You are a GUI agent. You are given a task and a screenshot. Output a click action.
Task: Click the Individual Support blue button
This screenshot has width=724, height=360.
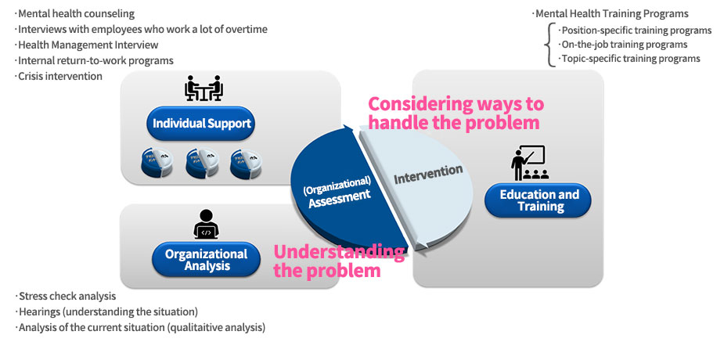point(203,124)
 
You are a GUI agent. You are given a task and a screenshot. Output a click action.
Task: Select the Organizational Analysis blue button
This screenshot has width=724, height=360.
point(206,259)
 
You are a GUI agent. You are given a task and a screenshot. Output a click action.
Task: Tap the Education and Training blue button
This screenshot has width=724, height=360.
point(539,200)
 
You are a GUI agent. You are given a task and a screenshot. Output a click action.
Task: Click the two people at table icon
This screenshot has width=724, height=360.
point(204,88)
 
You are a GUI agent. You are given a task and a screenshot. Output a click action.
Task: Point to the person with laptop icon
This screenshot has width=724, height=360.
point(206,224)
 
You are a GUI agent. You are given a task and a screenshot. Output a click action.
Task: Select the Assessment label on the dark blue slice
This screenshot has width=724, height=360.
point(339,197)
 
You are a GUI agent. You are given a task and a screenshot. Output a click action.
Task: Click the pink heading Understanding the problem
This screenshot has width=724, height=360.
point(338,261)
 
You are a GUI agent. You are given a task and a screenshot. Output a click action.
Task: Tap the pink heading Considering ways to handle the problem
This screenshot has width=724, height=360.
point(456,113)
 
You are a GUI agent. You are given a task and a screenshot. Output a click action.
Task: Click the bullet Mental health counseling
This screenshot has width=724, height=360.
point(77,13)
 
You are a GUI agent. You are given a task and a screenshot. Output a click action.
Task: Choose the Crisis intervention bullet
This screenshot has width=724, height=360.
point(60,76)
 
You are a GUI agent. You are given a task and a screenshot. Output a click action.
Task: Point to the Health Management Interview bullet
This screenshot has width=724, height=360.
point(88,45)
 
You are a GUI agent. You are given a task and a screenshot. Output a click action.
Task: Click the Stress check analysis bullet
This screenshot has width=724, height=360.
point(67,296)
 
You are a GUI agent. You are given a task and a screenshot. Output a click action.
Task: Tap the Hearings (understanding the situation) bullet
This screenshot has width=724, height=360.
point(108,311)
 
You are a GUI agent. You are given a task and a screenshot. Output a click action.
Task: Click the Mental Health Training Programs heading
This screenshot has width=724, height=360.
point(611,13)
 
